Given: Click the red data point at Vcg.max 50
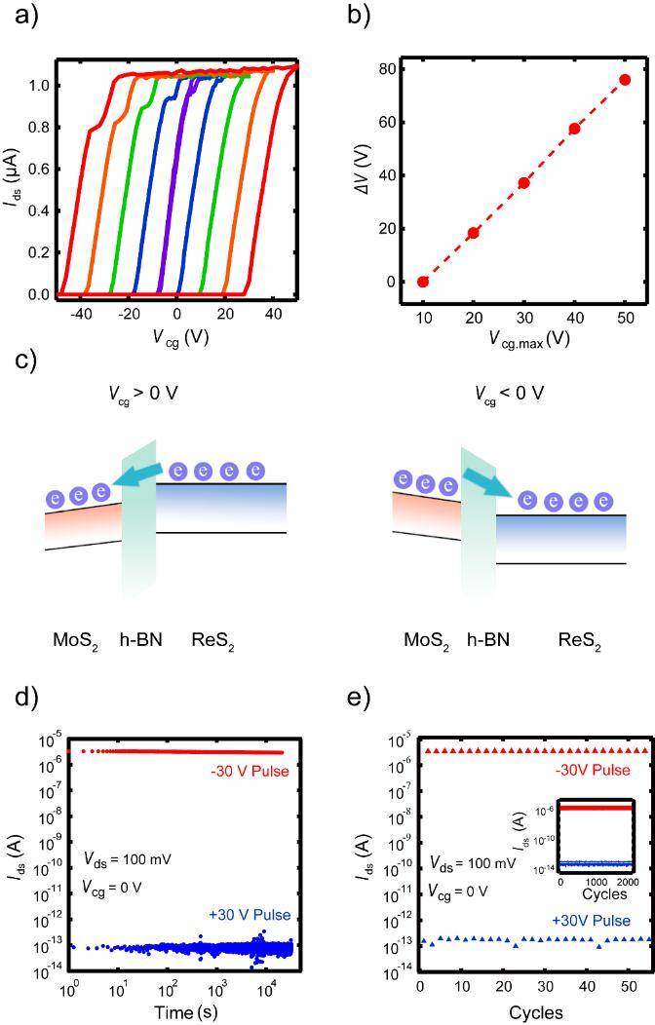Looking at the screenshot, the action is (625, 80).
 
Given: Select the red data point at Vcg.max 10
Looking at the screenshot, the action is (423, 282).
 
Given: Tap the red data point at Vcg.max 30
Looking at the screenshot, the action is (523, 183).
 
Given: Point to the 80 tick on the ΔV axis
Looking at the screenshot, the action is (388, 69).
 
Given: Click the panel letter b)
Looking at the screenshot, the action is (359, 15).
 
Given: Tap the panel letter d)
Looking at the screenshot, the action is (26, 698).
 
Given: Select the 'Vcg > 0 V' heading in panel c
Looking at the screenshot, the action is (143, 395).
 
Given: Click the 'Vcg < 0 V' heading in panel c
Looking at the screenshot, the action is (509, 395).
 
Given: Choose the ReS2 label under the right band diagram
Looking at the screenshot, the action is (579, 641).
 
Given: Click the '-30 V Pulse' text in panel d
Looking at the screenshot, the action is (250, 772).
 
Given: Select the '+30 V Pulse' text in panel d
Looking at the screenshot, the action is (250, 915).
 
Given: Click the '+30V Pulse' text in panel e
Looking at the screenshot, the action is (592, 921).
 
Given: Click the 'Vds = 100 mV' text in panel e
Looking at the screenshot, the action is (473, 863).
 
